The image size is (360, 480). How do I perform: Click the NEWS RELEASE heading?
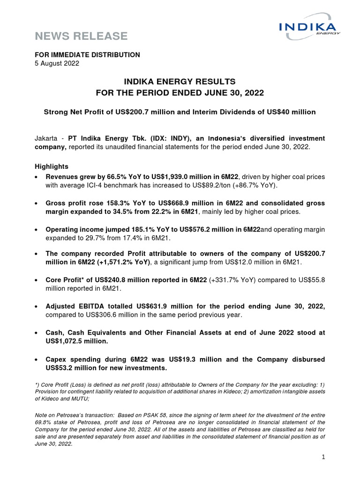pos(81,36)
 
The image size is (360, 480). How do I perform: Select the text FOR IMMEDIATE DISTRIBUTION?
pos(88,55)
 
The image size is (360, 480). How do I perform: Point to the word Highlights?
pos(52,166)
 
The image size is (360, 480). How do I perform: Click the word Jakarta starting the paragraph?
pos(47,139)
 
